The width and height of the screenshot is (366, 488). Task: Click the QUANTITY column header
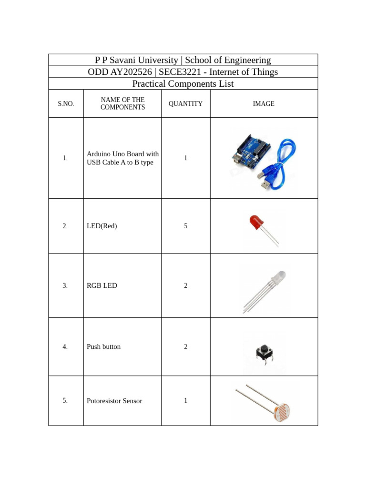tap(185, 103)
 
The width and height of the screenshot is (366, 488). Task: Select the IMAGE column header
tap(264, 103)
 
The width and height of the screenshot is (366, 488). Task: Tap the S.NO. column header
tap(66, 103)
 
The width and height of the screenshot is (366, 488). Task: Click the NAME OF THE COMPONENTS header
tap(122, 103)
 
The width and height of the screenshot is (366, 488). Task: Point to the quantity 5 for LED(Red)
tap(185, 226)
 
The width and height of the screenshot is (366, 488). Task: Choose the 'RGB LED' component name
tap(102, 285)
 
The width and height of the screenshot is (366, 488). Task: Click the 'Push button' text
tap(103, 346)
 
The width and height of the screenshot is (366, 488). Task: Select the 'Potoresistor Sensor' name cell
tap(114, 401)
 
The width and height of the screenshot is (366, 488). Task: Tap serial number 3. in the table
tap(65, 285)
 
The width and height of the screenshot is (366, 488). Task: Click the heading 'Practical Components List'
tap(183, 84)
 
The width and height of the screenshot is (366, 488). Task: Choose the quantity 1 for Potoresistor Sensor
tap(185, 400)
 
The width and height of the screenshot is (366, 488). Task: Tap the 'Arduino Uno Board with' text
tap(122, 154)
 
